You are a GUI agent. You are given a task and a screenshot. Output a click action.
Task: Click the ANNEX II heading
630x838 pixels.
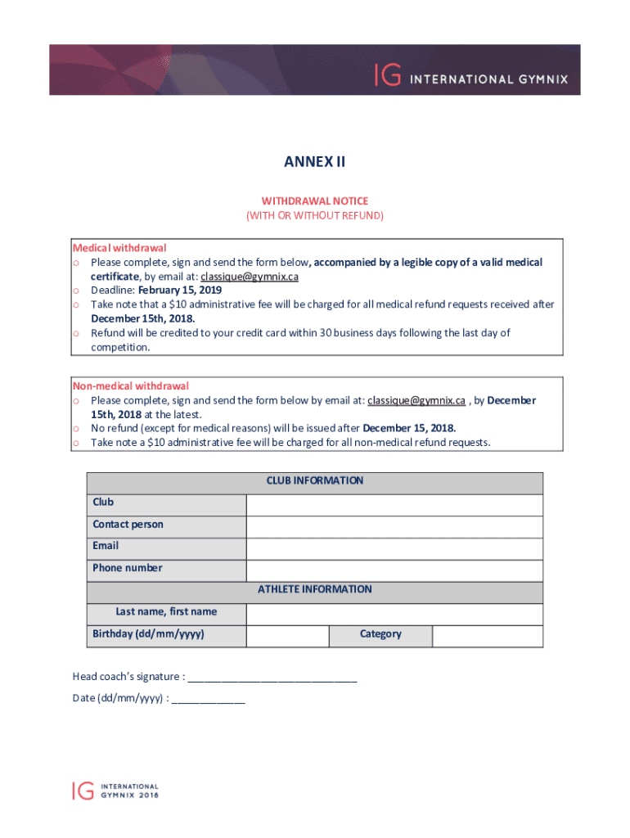tap(314, 162)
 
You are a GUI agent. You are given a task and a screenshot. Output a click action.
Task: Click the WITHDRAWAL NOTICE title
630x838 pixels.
tap(314, 200)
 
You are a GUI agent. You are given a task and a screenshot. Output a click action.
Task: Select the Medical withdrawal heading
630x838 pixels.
tap(119, 248)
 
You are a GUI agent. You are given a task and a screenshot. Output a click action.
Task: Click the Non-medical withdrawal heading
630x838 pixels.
tap(131, 386)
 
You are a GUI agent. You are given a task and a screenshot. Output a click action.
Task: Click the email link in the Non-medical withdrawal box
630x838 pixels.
tap(416, 400)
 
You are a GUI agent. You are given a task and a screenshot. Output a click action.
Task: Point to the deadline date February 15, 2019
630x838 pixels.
tap(179, 291)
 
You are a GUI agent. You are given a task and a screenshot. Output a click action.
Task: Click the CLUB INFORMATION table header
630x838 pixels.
tap(314, 481)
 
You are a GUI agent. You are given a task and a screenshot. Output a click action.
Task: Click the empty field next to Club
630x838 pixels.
tap(394, 505)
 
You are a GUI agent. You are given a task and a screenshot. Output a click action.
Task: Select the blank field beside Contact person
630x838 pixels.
tap(394, 527)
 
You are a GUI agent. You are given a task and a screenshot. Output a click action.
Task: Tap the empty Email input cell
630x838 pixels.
tap(394, 548)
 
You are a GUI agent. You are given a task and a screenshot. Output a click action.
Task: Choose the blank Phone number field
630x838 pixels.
tap(394, 570)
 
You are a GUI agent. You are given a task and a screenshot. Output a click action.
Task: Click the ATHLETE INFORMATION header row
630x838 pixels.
tap(314, 590)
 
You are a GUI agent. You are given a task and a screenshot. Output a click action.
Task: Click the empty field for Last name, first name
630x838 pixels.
tap(394, 615)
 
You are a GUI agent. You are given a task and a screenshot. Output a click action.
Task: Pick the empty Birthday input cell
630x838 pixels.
tap(287, 636)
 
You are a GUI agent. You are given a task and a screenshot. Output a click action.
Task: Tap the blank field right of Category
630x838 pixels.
tap(487, 636)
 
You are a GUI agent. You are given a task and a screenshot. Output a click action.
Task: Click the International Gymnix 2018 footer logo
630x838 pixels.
tap(115, 790)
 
